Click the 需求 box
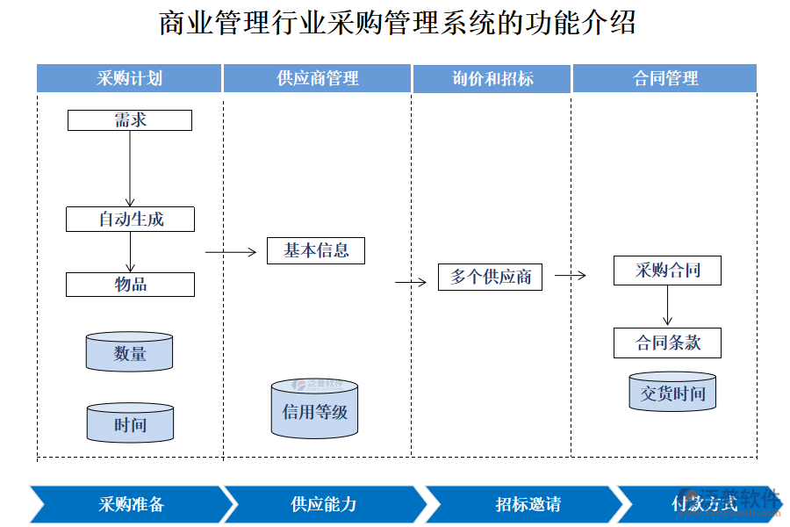[x=130, y=120]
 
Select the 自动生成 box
[x=130, y=219]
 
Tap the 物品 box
[x=130, y=285]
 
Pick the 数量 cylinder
[x=130, y=352]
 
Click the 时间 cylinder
[x=130, y=423]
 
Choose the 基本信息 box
[x=316, y=251]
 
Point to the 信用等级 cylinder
[x=314, y=410]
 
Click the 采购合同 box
[x=667, y=271]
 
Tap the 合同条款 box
[x=667, y=343]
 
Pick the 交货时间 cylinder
[x=672, y=392]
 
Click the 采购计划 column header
[x=129, y=78]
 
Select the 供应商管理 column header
[x=317, y=78]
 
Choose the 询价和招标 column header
[x=492, y=79]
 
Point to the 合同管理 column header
[x=664, y=78]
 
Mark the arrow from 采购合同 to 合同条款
[x=667, y=306]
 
